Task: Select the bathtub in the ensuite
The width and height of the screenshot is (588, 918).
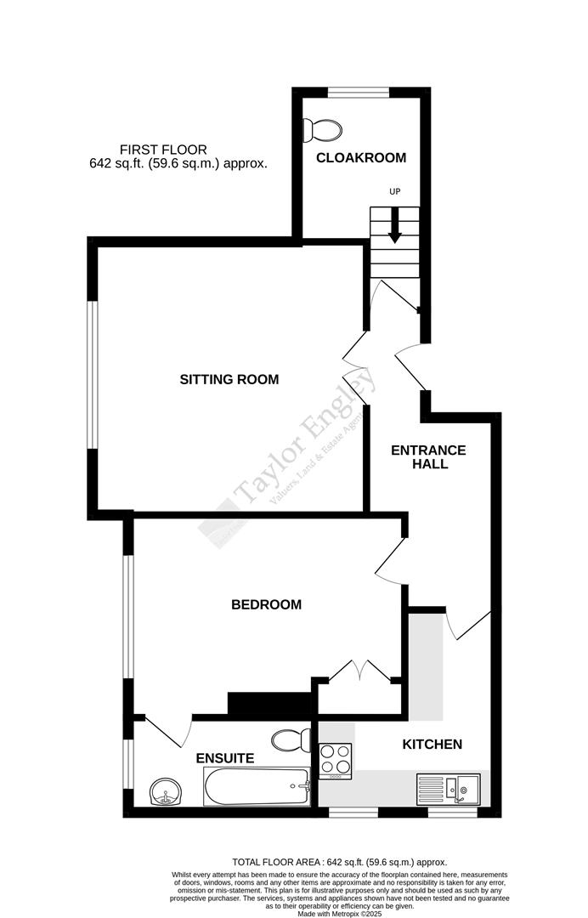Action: (x=257, y=787)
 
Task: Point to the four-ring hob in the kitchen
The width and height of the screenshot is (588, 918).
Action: (x=335, y=761)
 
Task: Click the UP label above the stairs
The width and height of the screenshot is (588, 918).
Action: (x=394, y=191)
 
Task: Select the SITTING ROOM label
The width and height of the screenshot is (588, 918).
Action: (x=229, y=379)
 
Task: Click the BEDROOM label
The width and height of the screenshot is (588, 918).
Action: (x=267, y=605)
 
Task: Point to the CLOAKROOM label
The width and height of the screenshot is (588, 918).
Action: (x=361, y=157)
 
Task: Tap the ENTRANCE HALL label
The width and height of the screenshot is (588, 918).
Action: (x=428, y=457)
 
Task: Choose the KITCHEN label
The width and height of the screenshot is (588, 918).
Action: (x=432, y=745)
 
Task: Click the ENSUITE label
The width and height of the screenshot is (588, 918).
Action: (x=225, y=758)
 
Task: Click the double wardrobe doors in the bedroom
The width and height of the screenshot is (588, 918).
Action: (x=359, y=670)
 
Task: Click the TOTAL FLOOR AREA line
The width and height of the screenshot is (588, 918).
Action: (x=339, y=862)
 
